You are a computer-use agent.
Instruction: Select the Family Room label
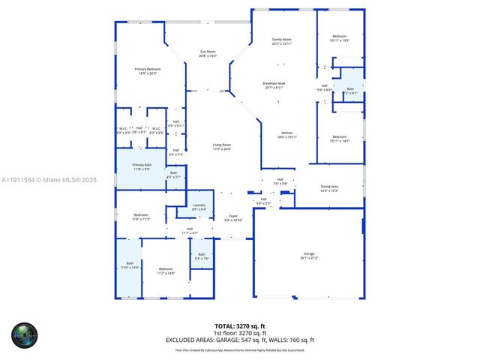[x=281, y=41]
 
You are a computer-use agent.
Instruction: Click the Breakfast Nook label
[x=274, y=85]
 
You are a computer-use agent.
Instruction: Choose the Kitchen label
[x=289, y=135]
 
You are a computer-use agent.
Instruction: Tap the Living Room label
[x=222, y=147]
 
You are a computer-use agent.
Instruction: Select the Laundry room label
[x=199, y=206]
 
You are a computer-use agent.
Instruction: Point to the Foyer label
[x=232, y=218]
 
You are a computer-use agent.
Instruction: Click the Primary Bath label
[x=142, y=166]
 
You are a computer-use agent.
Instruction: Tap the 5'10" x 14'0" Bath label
[x=130, y=265]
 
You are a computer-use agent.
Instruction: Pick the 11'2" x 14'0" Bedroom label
[x=166, y=271]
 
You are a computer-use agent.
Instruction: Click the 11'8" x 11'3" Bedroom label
[x=142, y=217]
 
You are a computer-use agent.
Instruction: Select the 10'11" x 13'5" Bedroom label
[x=340, y=38]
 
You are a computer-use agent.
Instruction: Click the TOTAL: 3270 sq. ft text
[x=240, y=325]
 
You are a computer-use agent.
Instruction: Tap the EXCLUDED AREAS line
[x=240, y=340]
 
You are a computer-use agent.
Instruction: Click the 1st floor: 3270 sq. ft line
[x=240, y=332]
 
